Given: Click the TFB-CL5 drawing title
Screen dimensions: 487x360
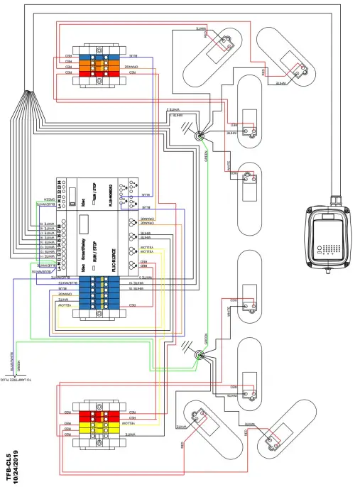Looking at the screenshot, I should click(8, 465).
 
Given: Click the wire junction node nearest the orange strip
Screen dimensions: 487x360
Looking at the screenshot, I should click(201, 133).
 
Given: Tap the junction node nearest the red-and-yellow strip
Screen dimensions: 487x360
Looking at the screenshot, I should click(201, 359).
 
